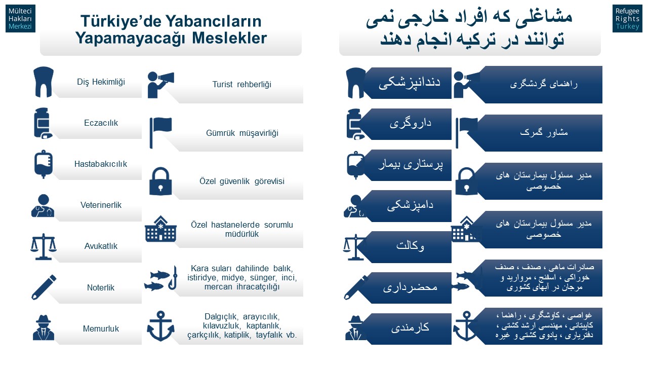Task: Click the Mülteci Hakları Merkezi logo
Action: point(20,18)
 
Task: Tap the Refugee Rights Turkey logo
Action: point(627,18)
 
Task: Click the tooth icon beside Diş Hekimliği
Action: point(44,82)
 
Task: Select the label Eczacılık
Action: point(101,123)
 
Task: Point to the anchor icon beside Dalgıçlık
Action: point(160,326)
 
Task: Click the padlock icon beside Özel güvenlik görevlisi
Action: point(160,181)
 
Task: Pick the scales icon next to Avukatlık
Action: point(44,246)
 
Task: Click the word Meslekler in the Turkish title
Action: point(229,38)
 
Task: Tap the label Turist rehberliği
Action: point(242,84)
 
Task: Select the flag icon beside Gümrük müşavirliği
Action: point(160,133)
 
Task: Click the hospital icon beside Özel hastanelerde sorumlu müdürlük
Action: point(160,229)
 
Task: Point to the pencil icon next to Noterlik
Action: point(44,287)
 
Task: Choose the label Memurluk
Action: point(101,329)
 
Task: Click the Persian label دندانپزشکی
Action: point(410,82)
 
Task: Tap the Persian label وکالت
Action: point(410,246)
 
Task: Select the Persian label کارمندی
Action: point(410,327)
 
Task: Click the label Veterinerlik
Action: point(101,205)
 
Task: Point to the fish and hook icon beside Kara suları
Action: point(161,278)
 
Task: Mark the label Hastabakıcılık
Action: point(101,164)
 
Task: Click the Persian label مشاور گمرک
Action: point(544,132)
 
